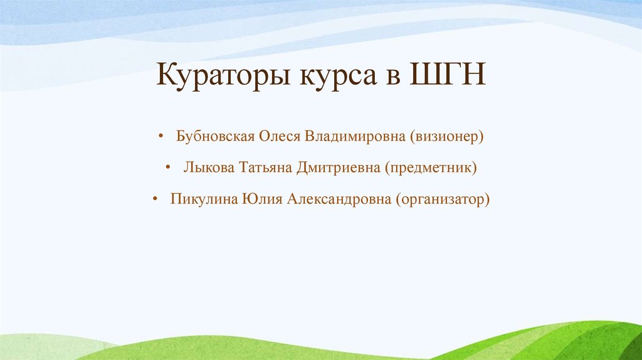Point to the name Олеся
[x=280, y=137]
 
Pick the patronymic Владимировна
[x=356, y=137]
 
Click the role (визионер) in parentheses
[x=447, y=137]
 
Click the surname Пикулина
[x=202, y=200]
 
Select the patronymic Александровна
[x=339, y=200]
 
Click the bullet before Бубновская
[x=161, y=137]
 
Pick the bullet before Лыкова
[x=169, y=169]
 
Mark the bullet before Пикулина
[x=154, y=200]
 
